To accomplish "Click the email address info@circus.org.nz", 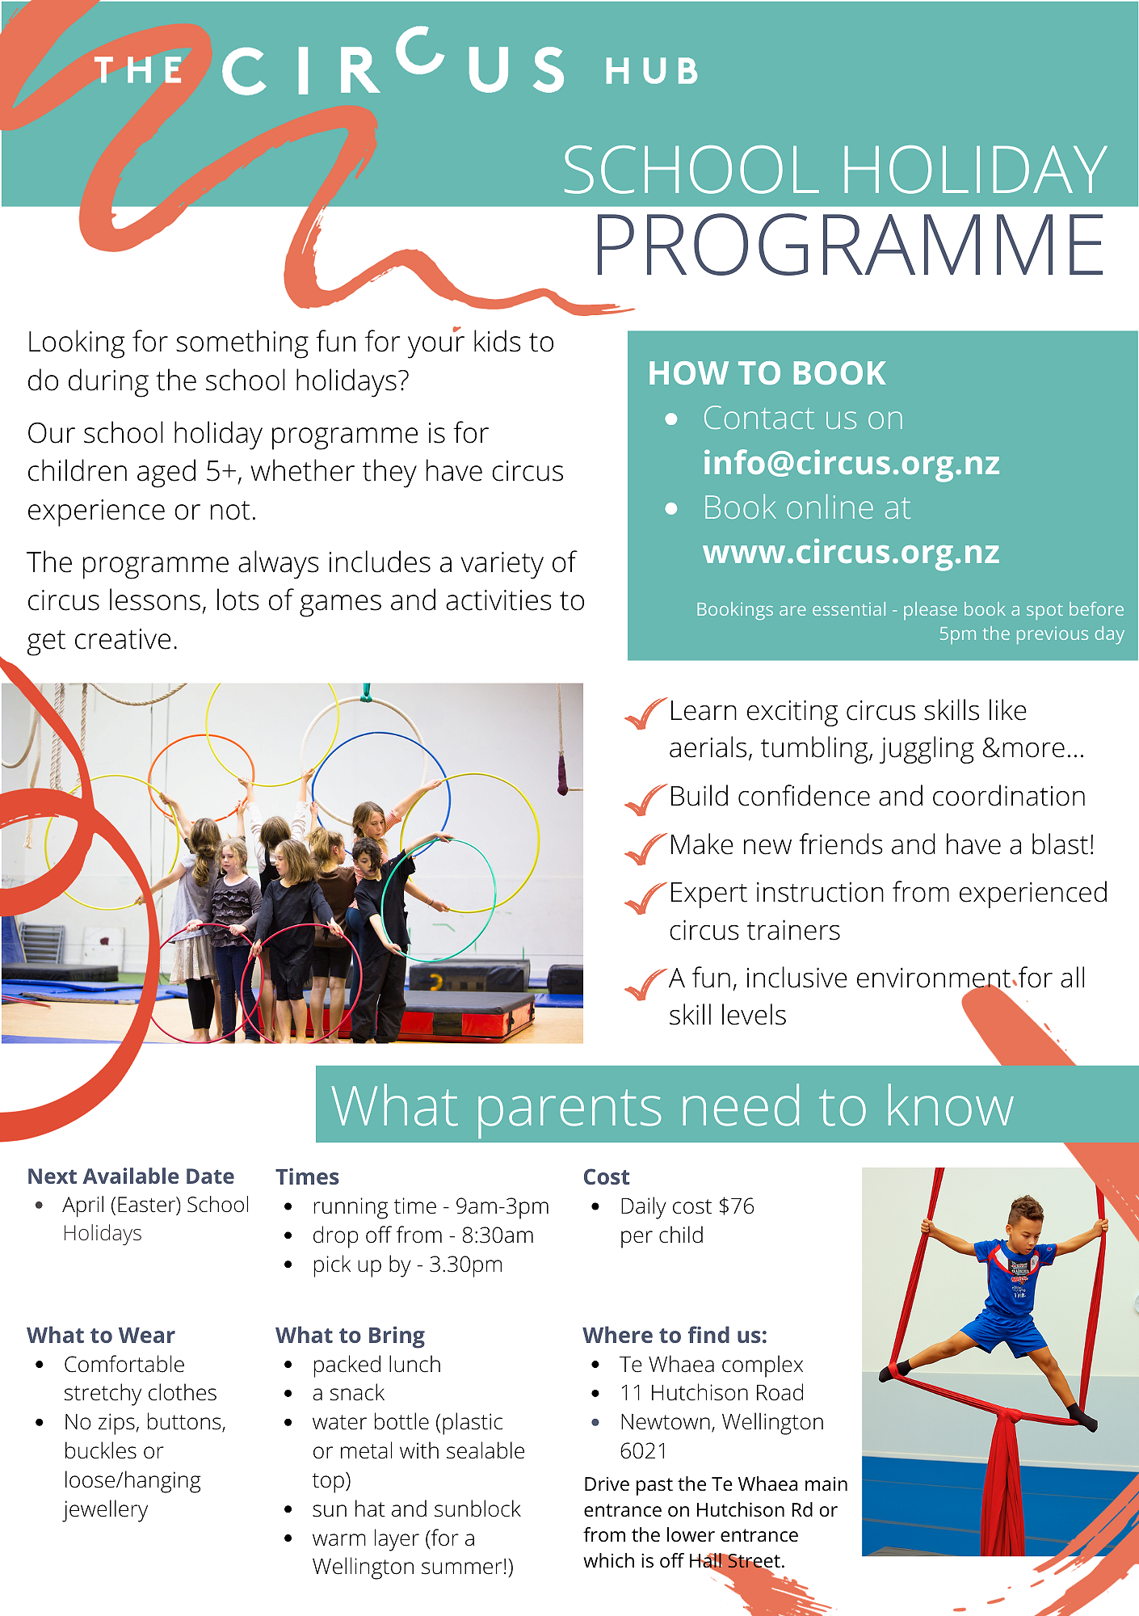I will click(851, 463).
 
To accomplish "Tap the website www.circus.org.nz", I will click(851, 553).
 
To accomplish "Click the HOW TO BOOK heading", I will click(767, 373).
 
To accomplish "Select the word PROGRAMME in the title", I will click(849, 246).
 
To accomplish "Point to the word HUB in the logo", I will click(651, 72).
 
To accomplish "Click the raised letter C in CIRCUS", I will click(422, 50).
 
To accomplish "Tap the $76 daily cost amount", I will click(736, 1206).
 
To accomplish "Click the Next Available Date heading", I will click(131, 1176).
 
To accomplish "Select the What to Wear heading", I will click(101, 1336).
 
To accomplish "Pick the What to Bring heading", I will click(350, 1336).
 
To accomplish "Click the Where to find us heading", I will click(675, 1336).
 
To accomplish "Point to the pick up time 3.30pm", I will click(465, 1265).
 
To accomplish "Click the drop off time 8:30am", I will click(498, 1235).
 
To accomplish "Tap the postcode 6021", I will click(643, 1451).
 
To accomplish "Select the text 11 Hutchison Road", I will click(712, 1393).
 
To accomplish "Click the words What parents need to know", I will click(672, 1105).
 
